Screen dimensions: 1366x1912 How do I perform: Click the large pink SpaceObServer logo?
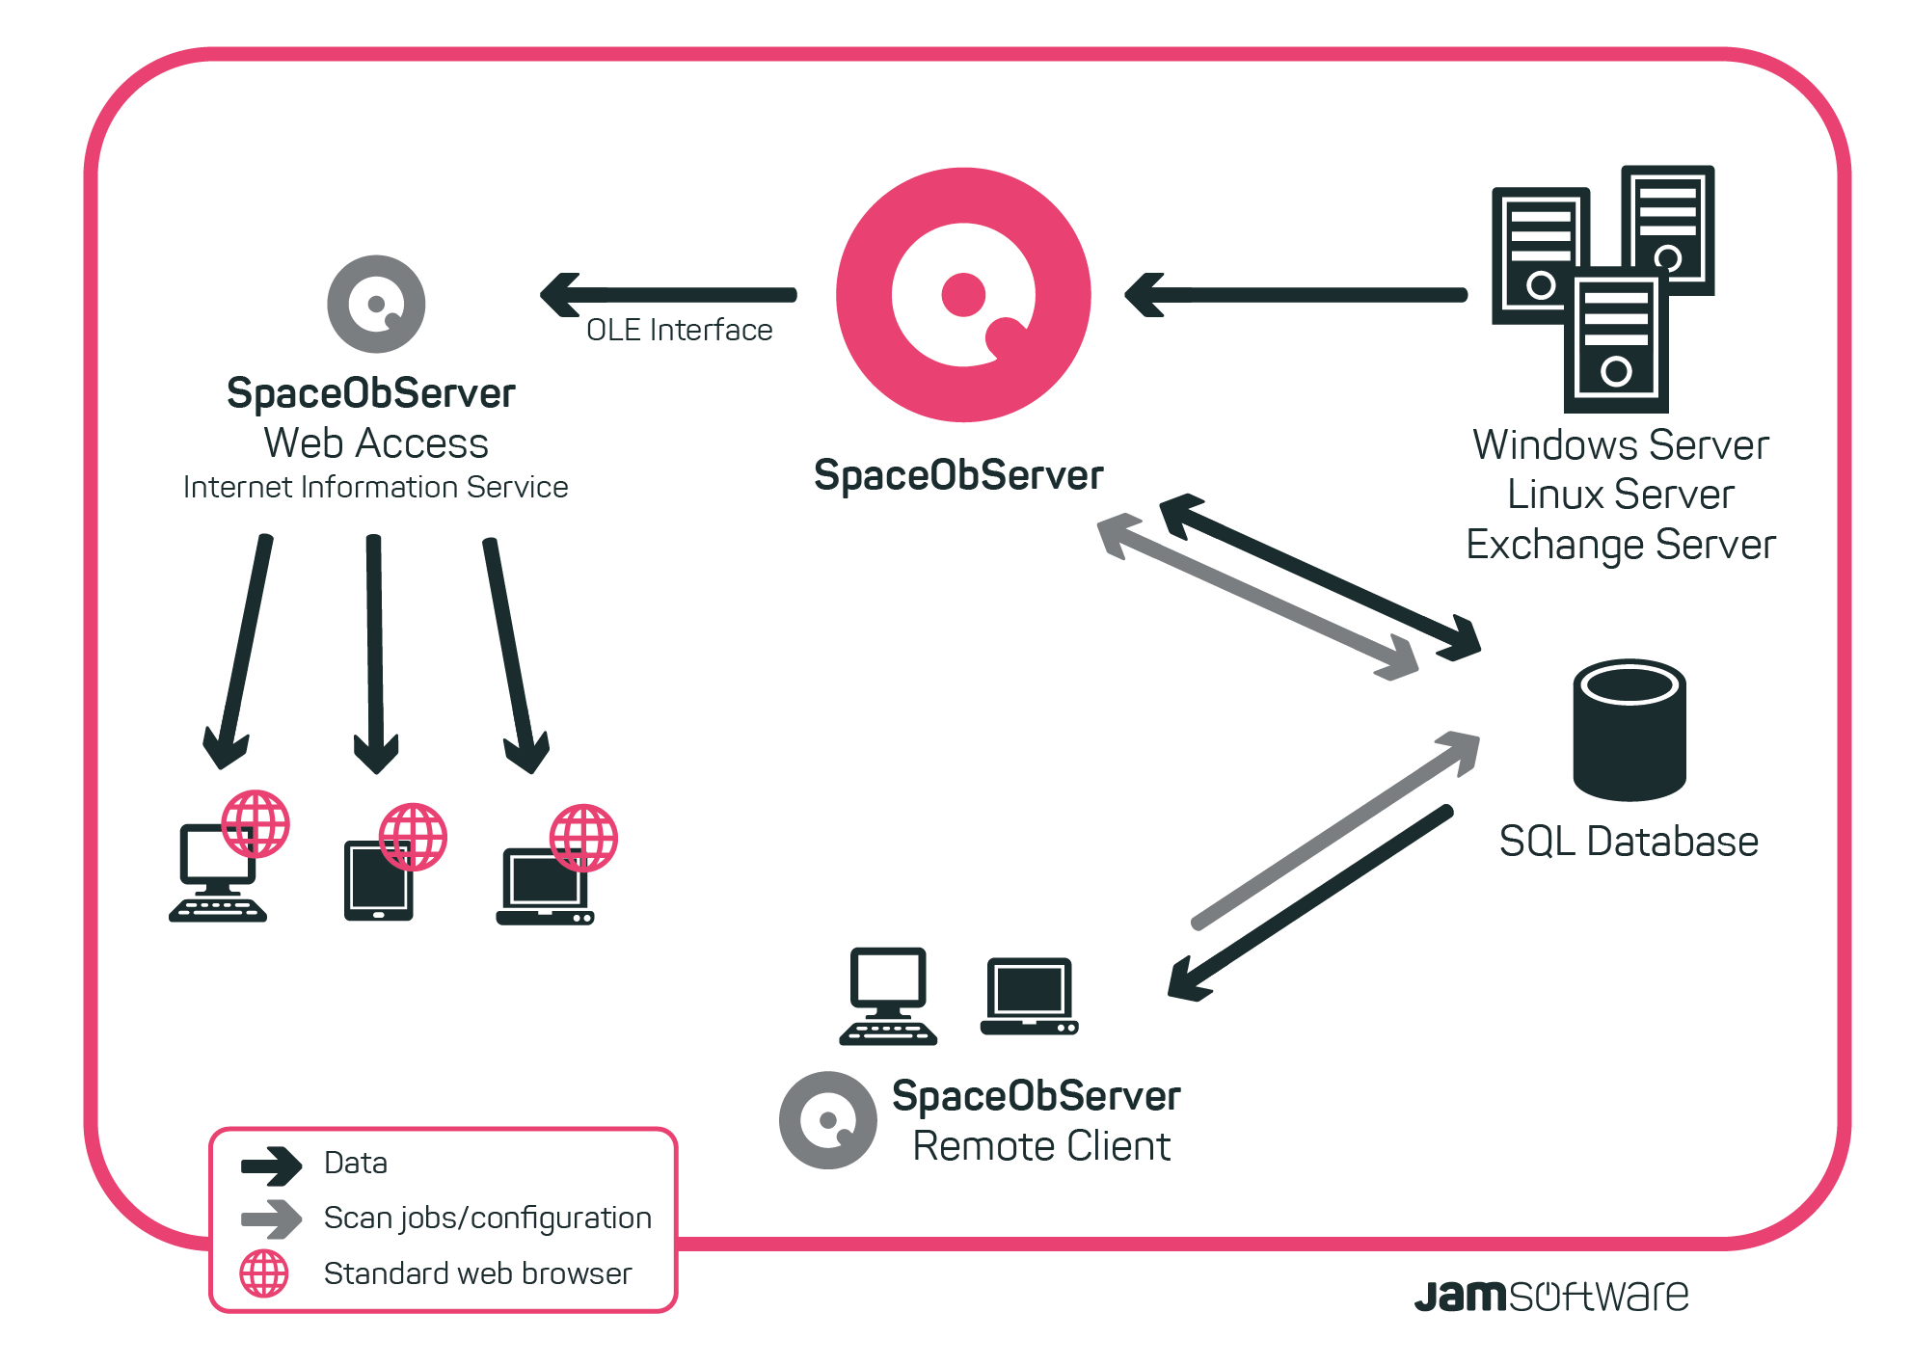click(x=963, y=295)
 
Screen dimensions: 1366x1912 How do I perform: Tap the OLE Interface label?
click(x=679, y=330)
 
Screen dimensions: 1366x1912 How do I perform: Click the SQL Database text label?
click(x=1629, y=842)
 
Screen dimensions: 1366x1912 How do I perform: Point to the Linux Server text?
click(x=1620, y=495)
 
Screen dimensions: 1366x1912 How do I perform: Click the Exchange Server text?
click(x=1620, y=545)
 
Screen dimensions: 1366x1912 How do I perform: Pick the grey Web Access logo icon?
click(x=376, y=304)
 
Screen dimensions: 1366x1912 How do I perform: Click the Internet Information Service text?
click(x=375, y=487)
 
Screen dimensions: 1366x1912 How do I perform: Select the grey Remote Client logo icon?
click(x=827, y=1120)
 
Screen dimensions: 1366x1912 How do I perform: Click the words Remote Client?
click(x=1041, y=1146)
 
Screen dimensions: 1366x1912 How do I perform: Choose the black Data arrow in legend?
click(x=271, y=1165)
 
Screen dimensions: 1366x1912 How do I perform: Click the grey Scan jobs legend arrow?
click(x=271, y=1219)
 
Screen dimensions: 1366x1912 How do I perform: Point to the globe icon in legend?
click(x=264, y=1273)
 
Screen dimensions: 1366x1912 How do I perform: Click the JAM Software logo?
click(x=1550, y=1296)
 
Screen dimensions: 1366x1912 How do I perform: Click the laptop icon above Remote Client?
click(x=1029, y=997)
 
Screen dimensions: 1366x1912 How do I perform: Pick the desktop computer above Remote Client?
click(x=888, y=996)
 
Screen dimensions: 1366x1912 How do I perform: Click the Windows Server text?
click(x=1620, y=445)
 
